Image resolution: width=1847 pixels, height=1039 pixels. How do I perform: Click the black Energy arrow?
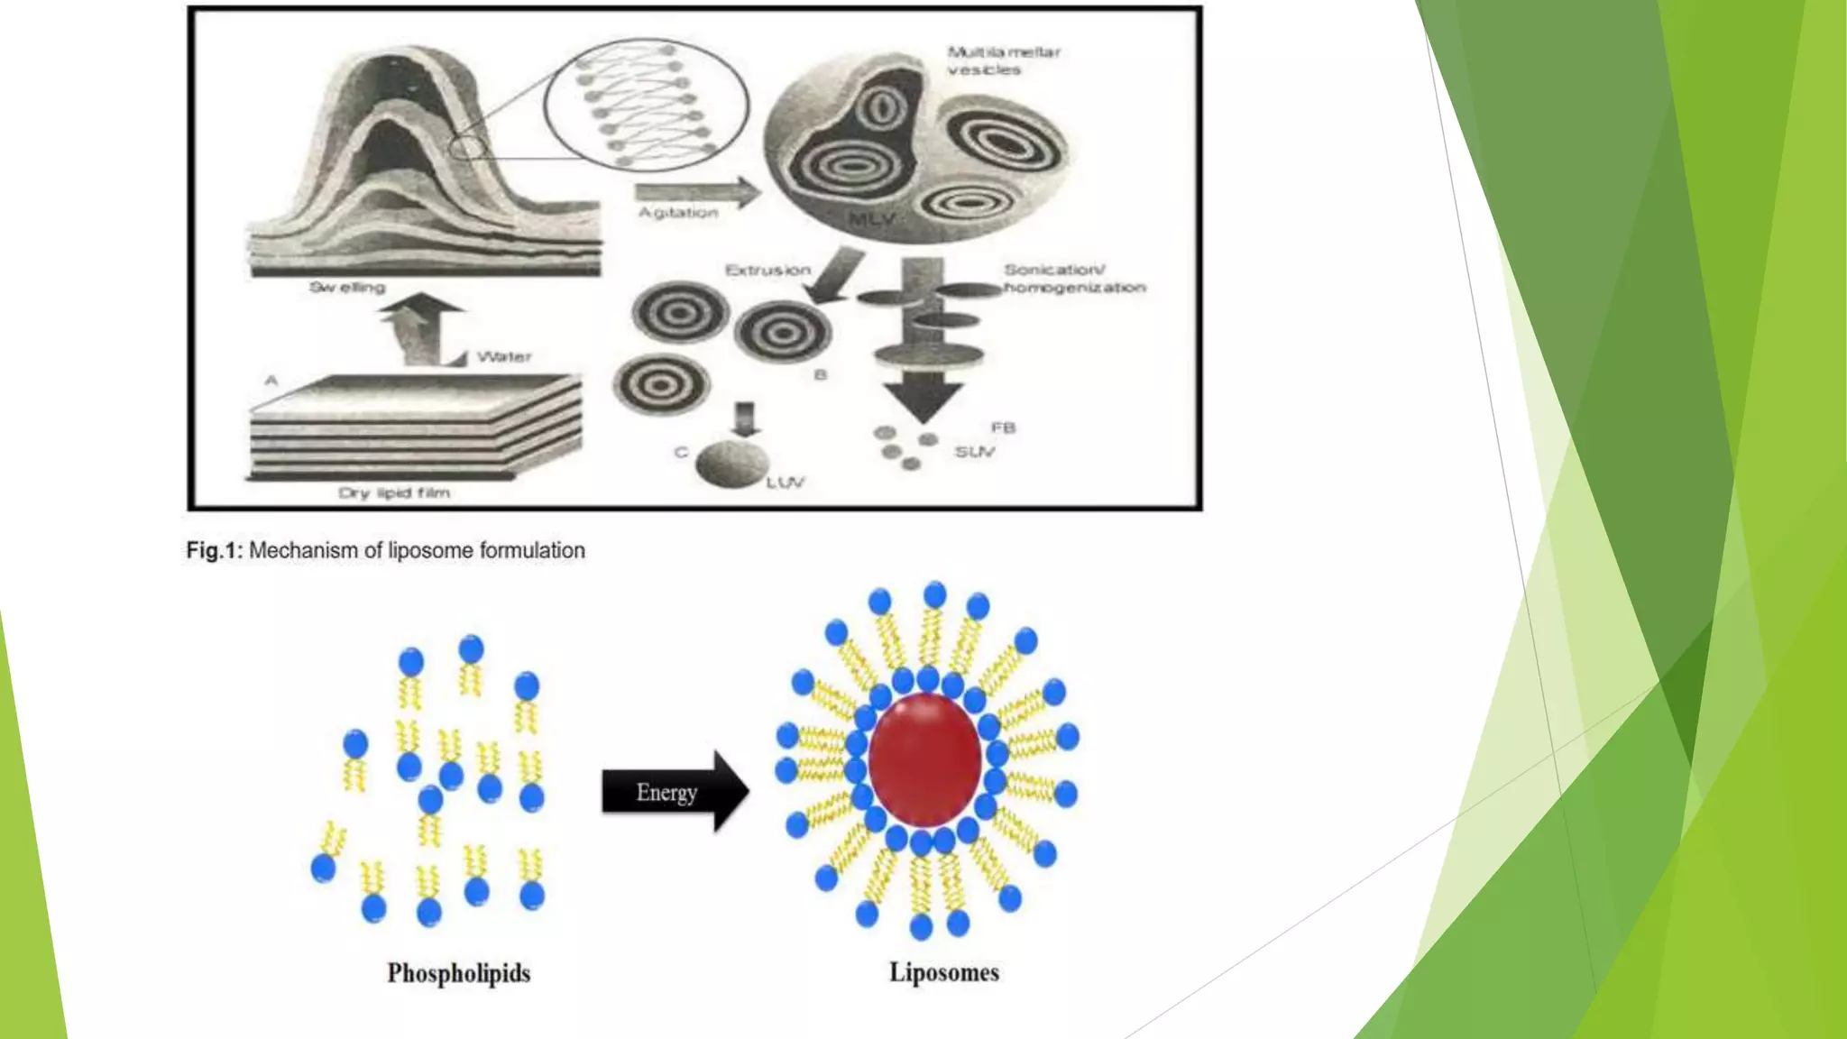(674, 791)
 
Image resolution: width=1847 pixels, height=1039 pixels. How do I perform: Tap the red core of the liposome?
(924, 759)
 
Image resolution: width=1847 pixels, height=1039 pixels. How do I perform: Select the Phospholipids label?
(458, 973)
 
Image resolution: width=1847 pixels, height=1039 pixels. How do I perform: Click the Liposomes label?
(943, 972)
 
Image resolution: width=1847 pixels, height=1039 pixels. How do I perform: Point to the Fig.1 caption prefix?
(214, 550)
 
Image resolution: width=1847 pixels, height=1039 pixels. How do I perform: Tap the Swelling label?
(347, 287)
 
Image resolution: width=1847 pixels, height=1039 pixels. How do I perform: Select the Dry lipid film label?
(394, 492)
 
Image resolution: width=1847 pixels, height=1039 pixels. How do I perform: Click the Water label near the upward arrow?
(504, 356)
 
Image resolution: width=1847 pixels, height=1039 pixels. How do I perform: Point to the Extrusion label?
(767, 270)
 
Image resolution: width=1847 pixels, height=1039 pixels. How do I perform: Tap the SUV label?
(975, 451)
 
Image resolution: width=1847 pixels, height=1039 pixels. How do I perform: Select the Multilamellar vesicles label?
(1003, 60)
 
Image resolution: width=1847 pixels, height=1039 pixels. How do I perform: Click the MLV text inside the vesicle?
(871, 219)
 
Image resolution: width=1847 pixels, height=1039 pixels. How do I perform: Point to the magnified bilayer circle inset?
(647, 105)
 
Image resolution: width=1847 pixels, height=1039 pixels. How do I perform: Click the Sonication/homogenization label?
(1073, 278)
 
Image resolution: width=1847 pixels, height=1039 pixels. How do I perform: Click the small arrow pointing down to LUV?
(745, 419)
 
